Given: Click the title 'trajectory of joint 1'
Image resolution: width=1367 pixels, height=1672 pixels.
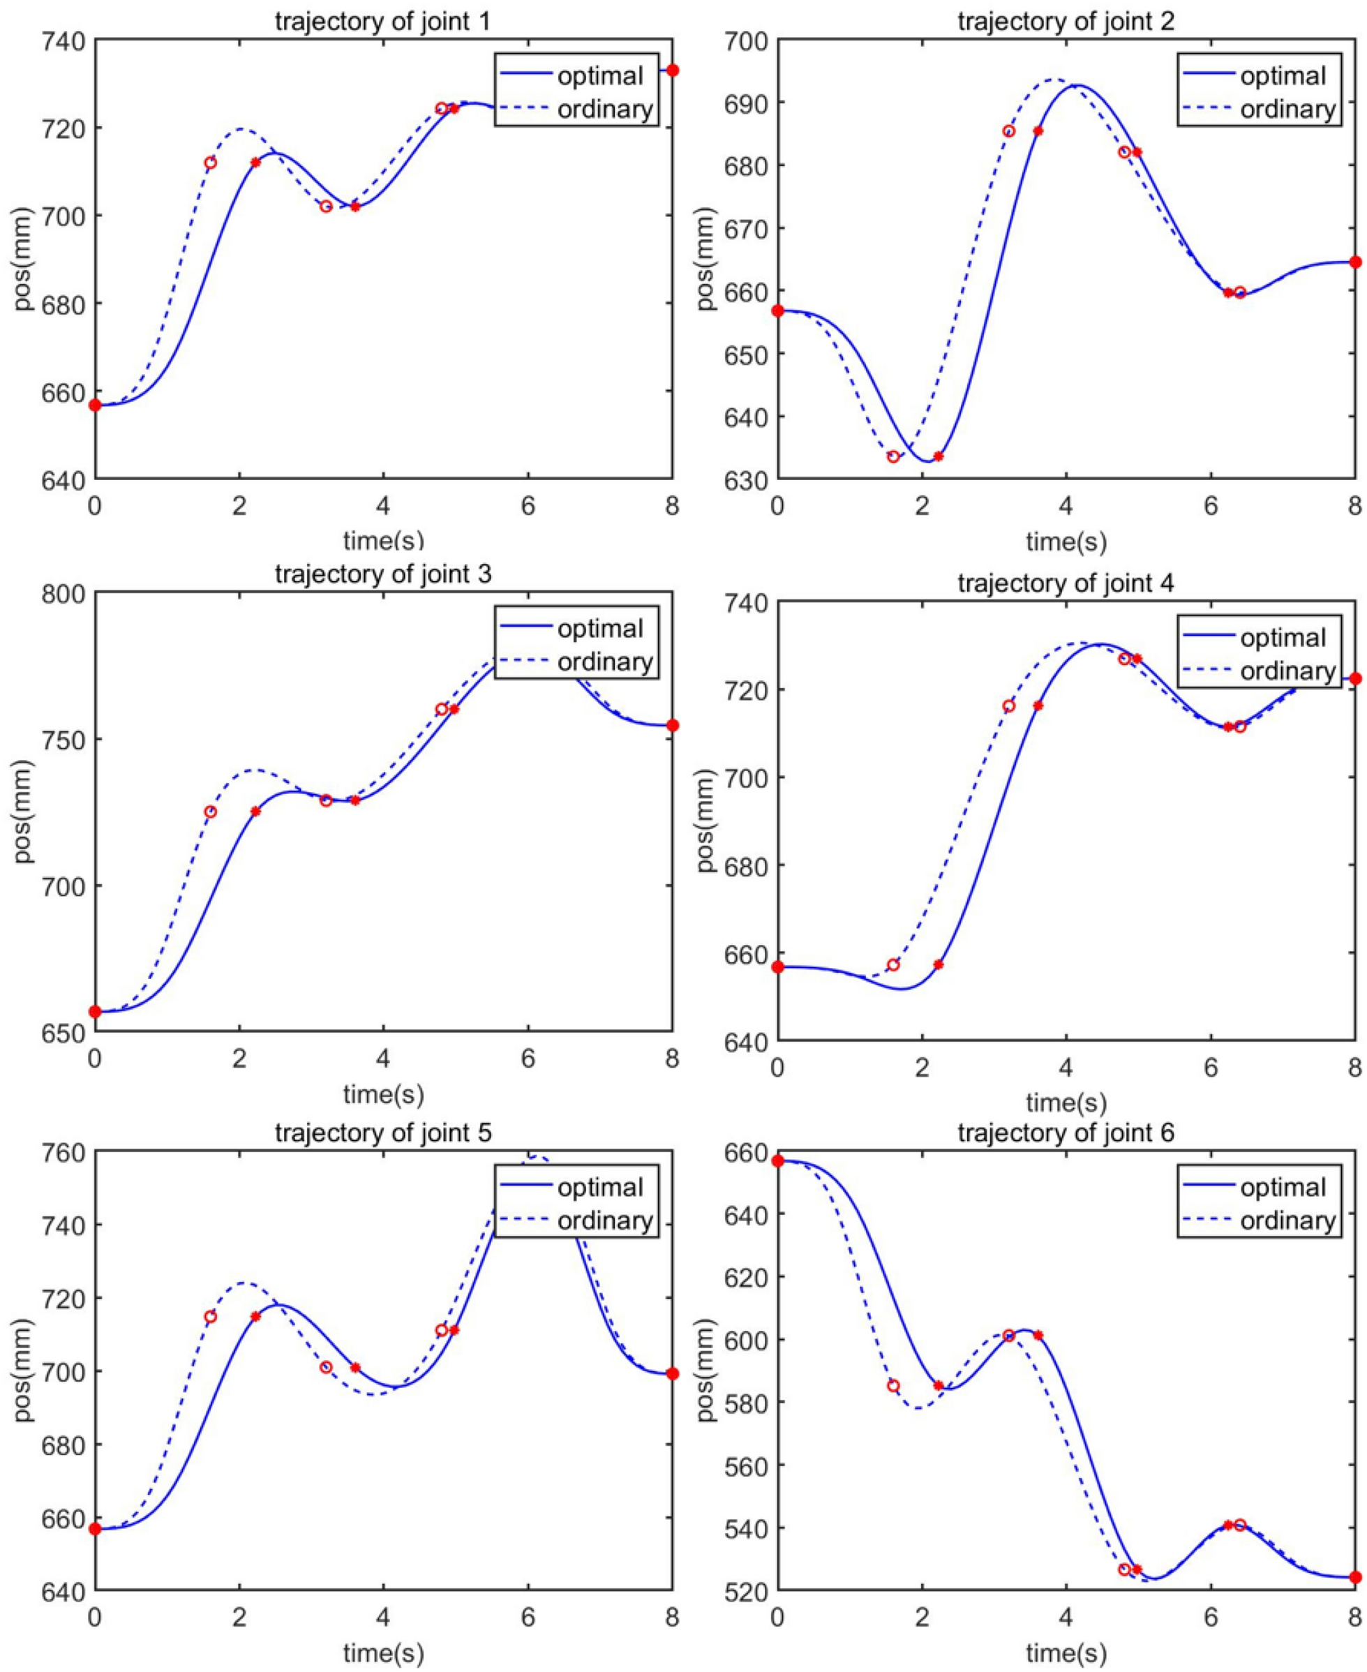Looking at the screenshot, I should coord(382,20).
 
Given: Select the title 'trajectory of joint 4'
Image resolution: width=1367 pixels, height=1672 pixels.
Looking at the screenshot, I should coord(1066,583).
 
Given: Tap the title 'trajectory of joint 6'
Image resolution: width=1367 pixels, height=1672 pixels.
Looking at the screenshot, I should coord(1066,1133).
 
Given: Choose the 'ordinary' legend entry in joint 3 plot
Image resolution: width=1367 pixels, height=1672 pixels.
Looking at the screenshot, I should coord(605,662).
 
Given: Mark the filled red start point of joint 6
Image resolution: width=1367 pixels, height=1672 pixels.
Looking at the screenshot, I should coord(778,1161).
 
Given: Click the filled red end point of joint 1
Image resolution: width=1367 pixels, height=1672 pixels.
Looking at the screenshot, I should coord(673,71).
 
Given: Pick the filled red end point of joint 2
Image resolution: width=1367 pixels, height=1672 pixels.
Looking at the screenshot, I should coord(1355,262).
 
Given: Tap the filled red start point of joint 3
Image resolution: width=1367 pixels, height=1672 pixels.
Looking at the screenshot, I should coord(96,1011).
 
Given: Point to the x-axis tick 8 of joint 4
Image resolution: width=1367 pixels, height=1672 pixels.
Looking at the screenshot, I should coord(1354,1068).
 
